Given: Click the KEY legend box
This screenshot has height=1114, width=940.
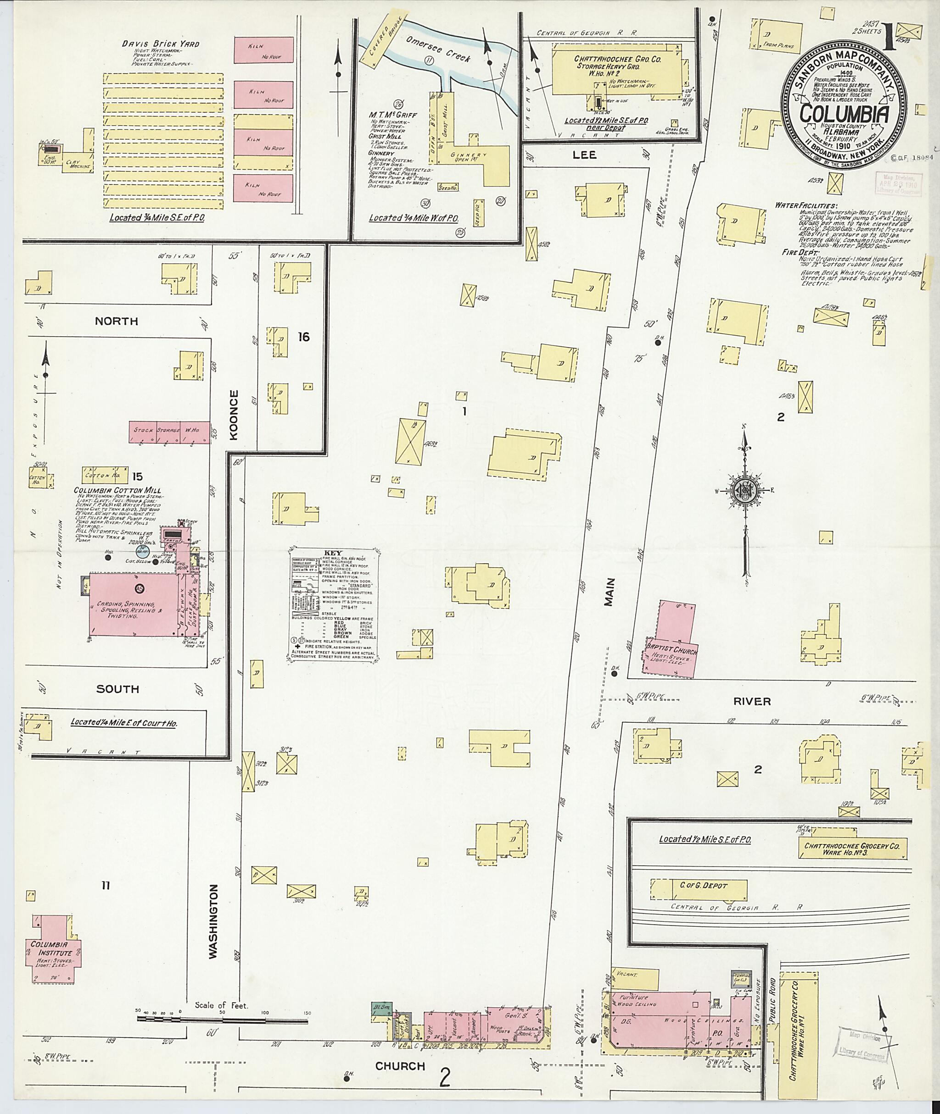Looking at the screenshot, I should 335,605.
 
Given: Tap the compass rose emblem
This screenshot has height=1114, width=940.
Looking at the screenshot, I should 744,491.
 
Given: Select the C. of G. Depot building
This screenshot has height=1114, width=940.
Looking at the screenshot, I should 699,886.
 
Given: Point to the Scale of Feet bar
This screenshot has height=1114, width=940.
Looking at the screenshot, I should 224,1018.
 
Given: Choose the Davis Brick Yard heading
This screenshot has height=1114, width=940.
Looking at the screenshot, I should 160,44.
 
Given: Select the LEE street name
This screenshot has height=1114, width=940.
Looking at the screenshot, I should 585,155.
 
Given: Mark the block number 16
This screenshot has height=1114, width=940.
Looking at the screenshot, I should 304,337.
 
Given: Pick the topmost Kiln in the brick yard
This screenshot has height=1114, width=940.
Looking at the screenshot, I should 264,50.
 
